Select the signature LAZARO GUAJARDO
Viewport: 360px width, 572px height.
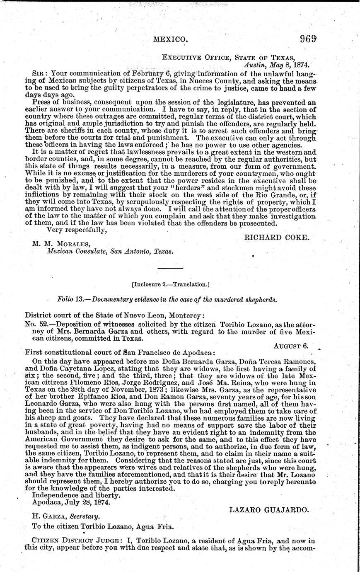[269, 510]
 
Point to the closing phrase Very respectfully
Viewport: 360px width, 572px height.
[77, 230]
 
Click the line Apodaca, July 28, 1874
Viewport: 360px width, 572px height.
[71, 502]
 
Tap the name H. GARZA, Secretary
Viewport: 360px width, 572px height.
[67, 516]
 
